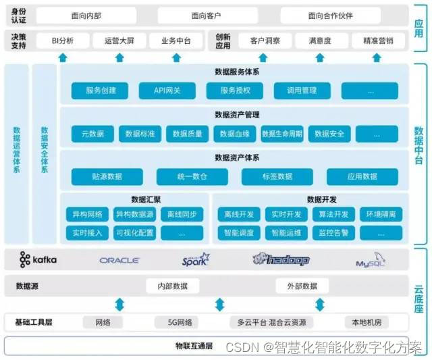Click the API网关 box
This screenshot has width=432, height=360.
tap(167, 91)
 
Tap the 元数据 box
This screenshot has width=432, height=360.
tap(92, 134)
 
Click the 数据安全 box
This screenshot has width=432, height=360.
tap(329, 134)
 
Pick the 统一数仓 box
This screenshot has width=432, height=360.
tap(192, 177)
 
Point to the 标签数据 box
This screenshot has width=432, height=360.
tap(277, 177)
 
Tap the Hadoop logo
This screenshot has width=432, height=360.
tap(281, 259)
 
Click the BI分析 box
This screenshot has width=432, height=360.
tap(63, 41)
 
